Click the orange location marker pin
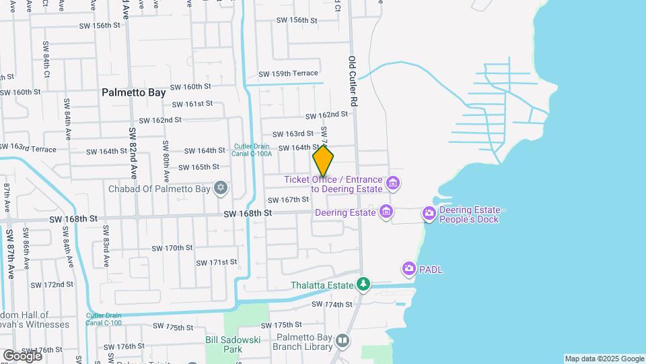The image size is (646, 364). (323, 161)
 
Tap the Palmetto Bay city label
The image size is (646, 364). (134, 92)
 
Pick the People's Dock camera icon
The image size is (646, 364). (429, 214)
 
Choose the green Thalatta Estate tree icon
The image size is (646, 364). (363, 285)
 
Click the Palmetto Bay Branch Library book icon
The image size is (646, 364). (343, 341)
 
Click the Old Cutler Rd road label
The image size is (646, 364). (352, 81)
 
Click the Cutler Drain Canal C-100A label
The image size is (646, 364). (253, 150)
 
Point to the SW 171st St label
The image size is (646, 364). (217, 262)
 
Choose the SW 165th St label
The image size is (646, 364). (199, 167)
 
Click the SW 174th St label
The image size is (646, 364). (332, 305)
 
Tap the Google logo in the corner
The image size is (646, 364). (22, 355)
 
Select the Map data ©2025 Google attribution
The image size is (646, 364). (604, 359)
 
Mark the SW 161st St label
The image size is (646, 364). (192, 104)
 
